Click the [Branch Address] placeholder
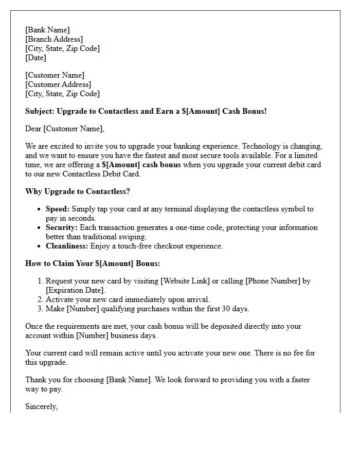pyautogui.click(x=54, y=39)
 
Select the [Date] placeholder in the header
pyautogui.click(x=35, y=58)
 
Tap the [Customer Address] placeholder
pyautogui.click(x=58, y=84)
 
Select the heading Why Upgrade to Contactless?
pyautogui.click(x=78, y=191)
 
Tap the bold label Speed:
pyautogui.click(x=58, y=209)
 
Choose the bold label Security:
pyautogui.click(x=62, y=227)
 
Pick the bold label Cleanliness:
pyautogui.click(x=67, y=246)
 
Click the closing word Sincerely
pyautogui.click(x=41, y=406)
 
